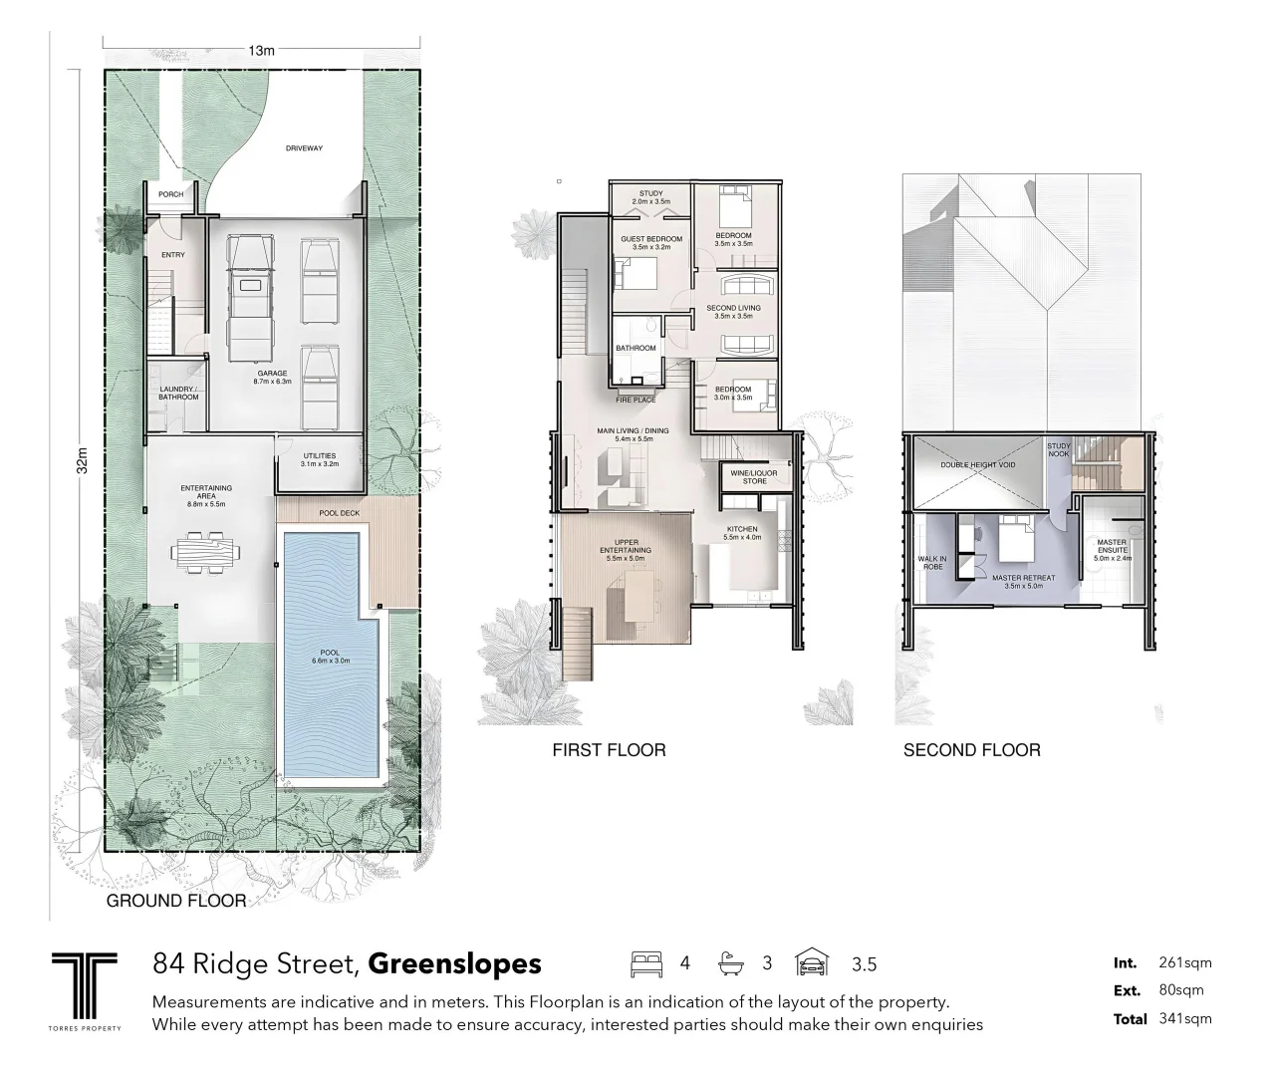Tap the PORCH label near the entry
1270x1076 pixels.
170,194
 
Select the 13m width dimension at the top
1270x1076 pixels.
261,50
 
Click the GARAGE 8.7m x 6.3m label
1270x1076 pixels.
271,378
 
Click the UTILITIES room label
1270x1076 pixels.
319,460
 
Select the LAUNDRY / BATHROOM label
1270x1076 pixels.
178,394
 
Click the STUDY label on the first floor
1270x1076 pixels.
650,198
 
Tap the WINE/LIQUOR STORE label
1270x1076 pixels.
755,477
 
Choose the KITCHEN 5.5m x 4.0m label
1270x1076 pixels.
742,533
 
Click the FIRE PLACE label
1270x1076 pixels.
635,401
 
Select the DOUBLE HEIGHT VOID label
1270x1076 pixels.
978,465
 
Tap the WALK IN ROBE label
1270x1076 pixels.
932,563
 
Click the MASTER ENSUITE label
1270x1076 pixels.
1112,549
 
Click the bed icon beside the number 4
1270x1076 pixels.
645,964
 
